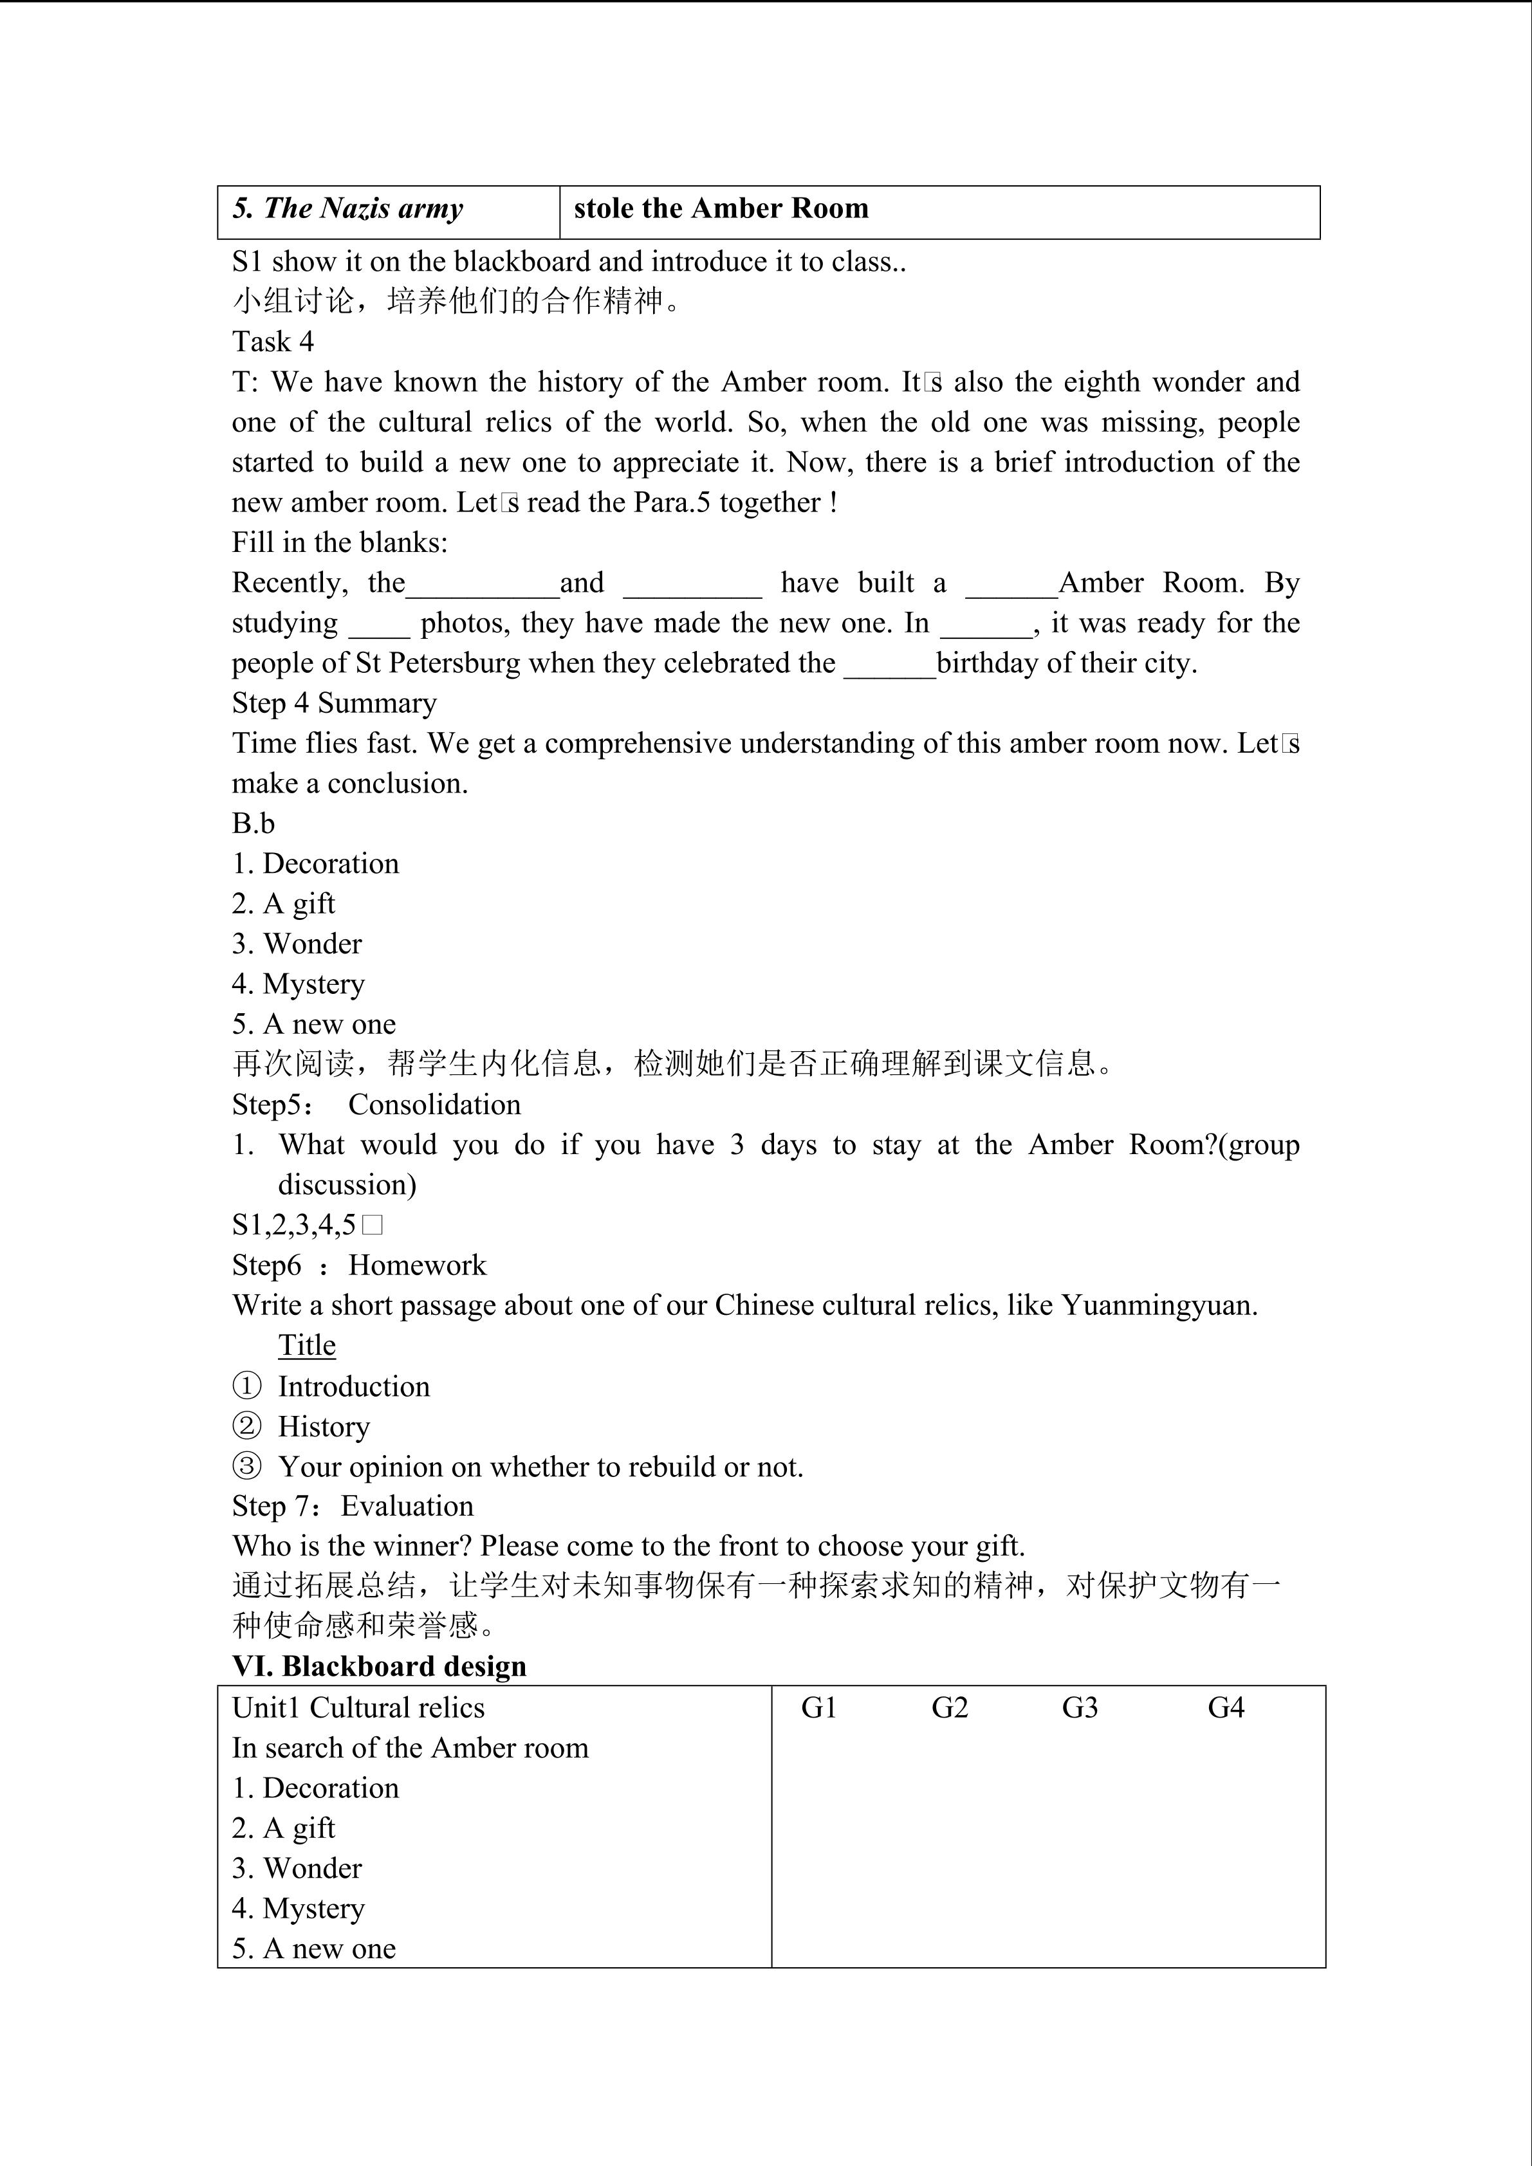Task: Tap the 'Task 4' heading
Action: tap(273, 342)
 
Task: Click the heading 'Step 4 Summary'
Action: tap(334, 703)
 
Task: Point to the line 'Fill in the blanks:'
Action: tap(340, 542)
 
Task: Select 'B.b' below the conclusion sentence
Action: tap(253, 823)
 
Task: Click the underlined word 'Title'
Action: tap(306, 1345)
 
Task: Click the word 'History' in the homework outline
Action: tap(324, 1426)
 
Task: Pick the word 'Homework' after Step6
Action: tap(417, 1265)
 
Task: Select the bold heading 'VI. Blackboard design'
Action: tap(379, 1666)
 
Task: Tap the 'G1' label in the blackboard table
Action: tap(819, 1707)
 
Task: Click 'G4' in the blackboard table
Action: tap(1226, 1707)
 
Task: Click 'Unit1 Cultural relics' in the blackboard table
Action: tap(358, 1707)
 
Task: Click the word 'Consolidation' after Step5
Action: tap(434, 1105)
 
